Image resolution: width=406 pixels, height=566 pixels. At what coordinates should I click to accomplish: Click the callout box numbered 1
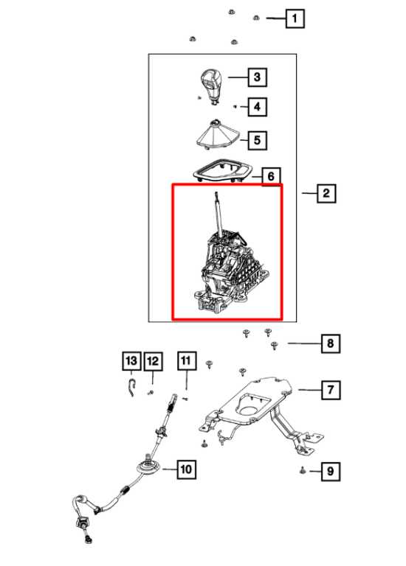(x=295, y=18)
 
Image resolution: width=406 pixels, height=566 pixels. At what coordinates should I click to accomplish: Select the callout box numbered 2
(x=326, y=193)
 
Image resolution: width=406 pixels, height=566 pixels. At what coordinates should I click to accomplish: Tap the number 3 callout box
(x=257, y=77)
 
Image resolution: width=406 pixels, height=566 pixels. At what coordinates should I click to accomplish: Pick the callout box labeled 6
(x=270, y=177)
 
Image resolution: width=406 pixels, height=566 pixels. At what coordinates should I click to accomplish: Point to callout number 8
(x=331, y=343)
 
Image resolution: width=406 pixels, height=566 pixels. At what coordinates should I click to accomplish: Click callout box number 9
(x=331, y=472)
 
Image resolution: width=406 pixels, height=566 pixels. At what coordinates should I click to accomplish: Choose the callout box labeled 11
(x=187, y=360)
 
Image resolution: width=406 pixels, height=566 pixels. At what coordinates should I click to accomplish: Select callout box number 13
(x=131, y=360)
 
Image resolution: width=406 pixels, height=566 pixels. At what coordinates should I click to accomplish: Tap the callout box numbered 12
(x=154, y=361)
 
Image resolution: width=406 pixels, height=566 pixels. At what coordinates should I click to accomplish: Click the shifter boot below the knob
(x=217, y=135)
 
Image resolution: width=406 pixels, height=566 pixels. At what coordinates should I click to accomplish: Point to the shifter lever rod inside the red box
(x=218, y=214)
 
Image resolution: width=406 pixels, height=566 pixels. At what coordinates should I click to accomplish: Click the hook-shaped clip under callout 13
(x=132, y=387)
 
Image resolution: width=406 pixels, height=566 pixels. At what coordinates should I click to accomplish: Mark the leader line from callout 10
(x=170, y=469)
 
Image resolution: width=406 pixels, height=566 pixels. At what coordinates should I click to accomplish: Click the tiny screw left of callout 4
(x=235, y=106)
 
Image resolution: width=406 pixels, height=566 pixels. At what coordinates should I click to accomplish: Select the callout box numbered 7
(x=331, y=390)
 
